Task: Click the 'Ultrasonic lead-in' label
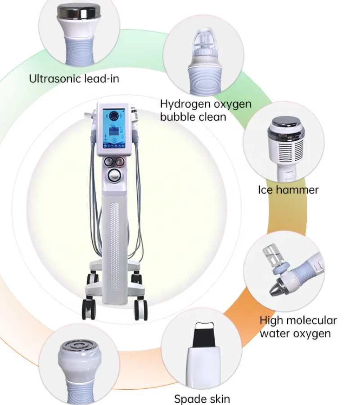[x=74, y=79]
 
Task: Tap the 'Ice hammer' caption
[x=288, y=189]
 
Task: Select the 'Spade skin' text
[x=202, y=399]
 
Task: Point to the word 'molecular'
[x=310, y=321]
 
